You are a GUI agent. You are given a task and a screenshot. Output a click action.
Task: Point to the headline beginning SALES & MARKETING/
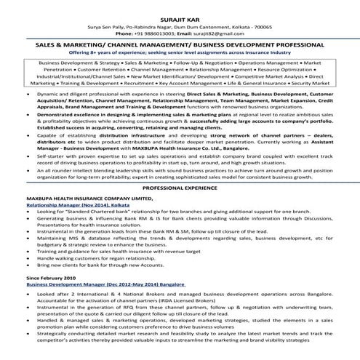[x=180, y=44]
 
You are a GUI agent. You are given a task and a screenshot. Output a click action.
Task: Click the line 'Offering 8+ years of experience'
[x=180, y=52]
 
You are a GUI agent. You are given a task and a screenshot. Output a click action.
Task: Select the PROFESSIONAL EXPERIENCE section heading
[x=180, y=188]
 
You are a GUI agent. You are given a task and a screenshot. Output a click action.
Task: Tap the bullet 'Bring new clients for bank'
[x=109, y=266]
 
